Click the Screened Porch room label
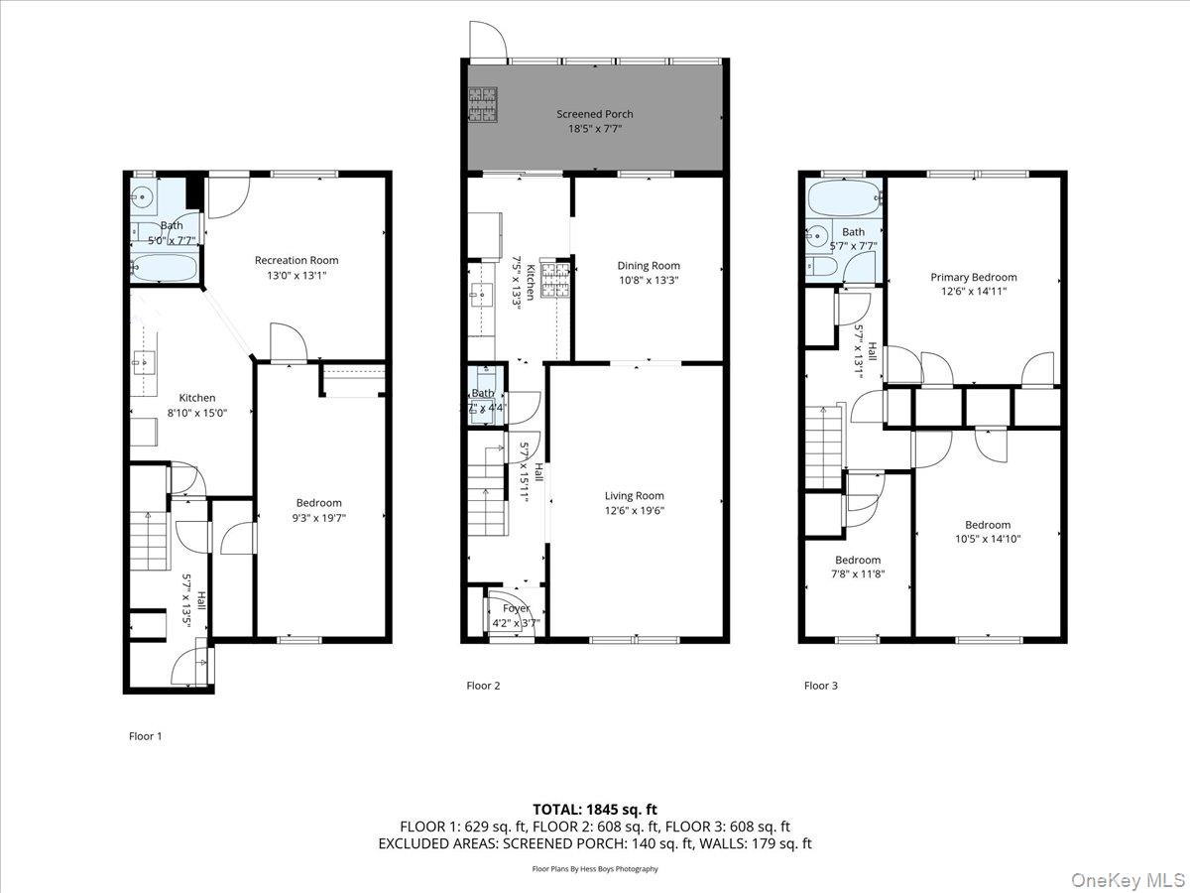coord(594,114)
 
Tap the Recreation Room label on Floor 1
coord(297,261)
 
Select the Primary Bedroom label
coord(973,278)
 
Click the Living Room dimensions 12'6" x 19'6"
coord(635,511)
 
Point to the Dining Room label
coord(649,266)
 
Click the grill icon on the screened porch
coord(482,106)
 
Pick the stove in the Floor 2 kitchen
coord(555,280)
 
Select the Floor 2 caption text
coord(483,686)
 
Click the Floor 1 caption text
coord(145,736)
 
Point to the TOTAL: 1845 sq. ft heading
coord(594,810)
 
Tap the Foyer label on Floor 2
coord(516,608)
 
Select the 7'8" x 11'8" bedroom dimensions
coord(857,574)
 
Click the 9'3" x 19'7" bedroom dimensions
coord(318,517)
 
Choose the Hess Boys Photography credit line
coord(594,869)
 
